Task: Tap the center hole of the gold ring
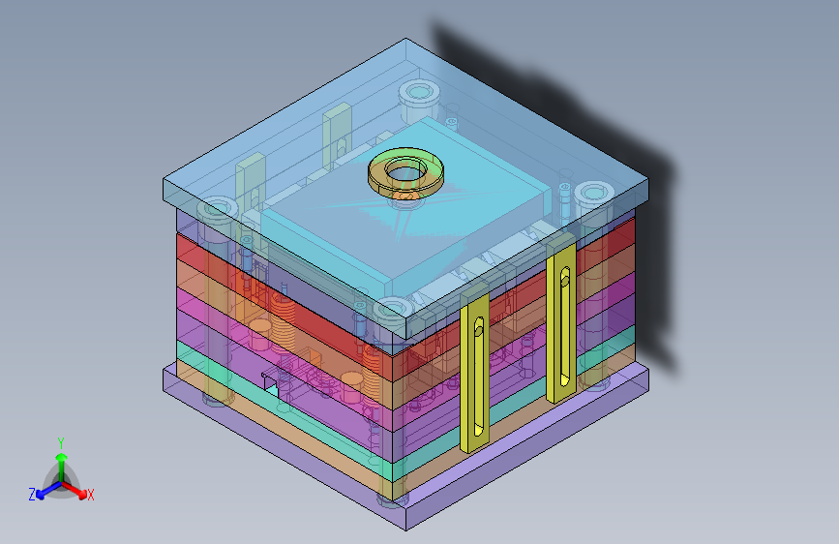pyautogui.click(x=405, y=170)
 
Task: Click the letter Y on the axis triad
pyautogui.click(x=61, y=443)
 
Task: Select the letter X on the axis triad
pyautogui.click(x=91, y=496)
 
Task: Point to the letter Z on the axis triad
pyautogui.click(x=32, y=495)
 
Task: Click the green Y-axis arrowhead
pyautogui.click(x=62, y=458)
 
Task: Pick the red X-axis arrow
pyautogui.click(x=74, y=489)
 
